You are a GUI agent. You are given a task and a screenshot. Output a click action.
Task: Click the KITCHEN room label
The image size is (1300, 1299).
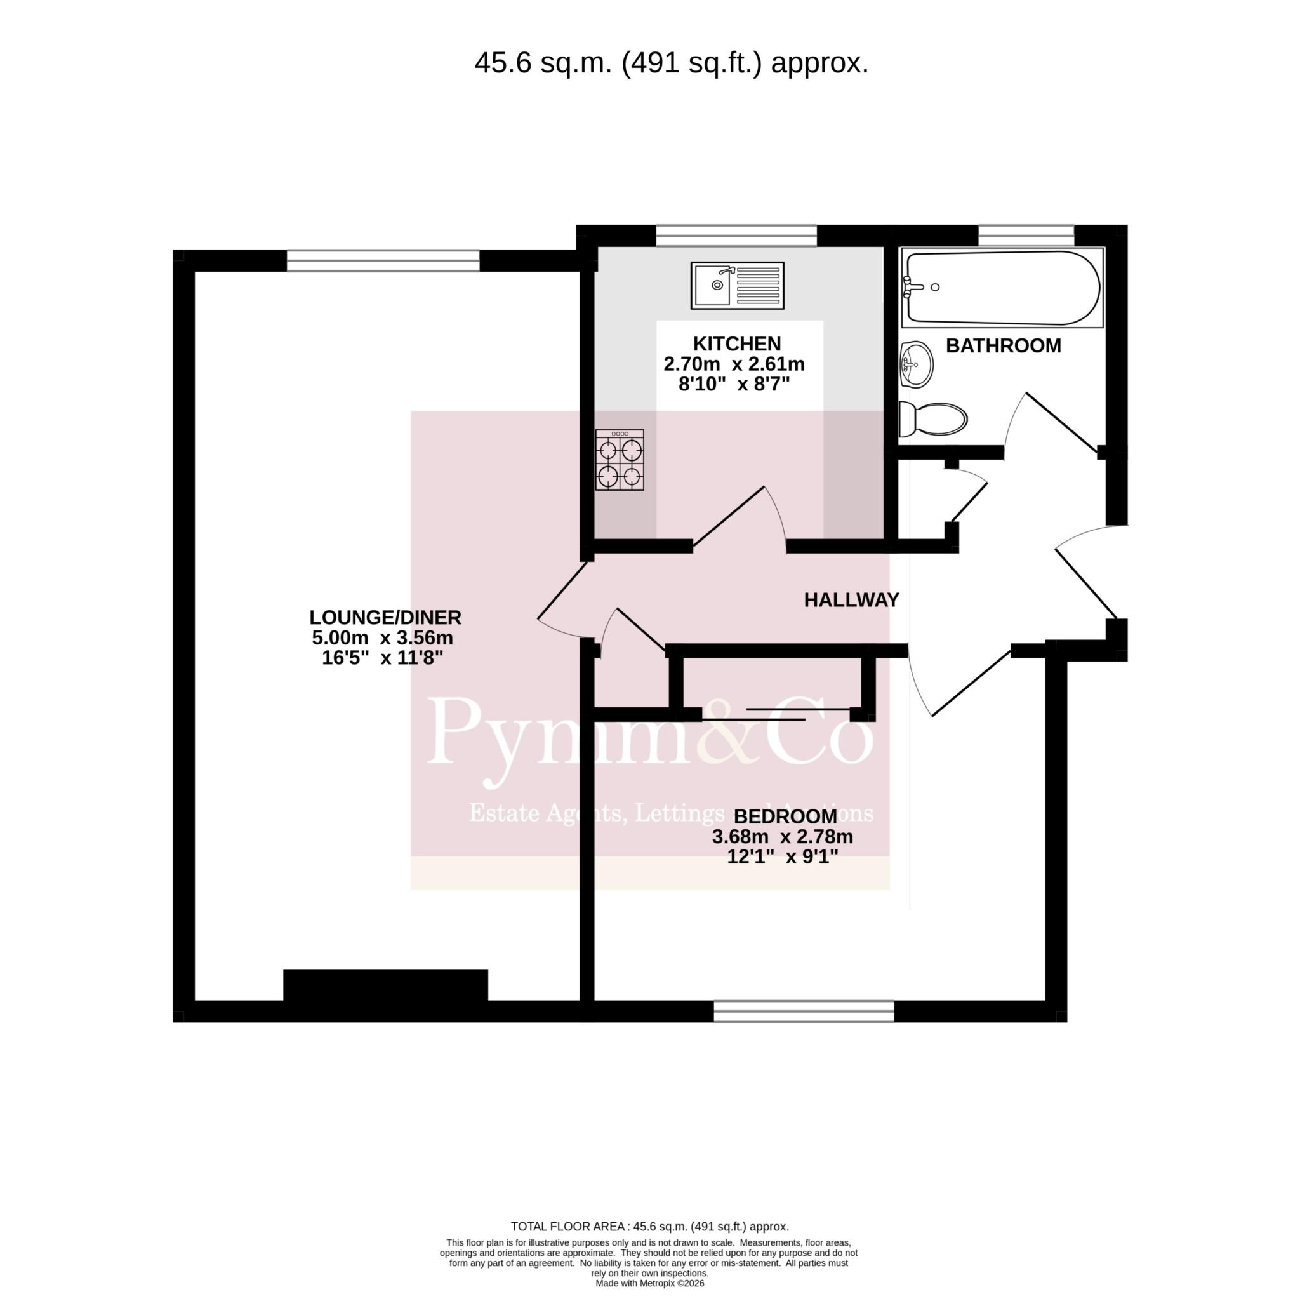737,344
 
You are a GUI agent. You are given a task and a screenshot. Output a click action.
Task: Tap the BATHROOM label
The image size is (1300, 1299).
1004,346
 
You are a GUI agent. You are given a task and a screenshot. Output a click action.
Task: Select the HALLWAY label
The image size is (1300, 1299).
851,600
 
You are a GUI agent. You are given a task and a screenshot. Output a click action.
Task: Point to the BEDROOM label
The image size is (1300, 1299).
785,816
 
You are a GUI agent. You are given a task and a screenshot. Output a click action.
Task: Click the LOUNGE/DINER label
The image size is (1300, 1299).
385,617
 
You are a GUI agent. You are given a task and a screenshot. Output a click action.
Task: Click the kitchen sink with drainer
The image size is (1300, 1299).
737,285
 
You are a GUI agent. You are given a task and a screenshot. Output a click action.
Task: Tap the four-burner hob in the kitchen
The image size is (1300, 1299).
619,460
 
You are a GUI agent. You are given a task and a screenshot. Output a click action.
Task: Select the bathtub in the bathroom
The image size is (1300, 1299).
1002,288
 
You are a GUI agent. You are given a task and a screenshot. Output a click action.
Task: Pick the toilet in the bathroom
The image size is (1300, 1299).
932,419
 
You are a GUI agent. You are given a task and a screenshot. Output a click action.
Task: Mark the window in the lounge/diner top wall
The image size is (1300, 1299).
383,260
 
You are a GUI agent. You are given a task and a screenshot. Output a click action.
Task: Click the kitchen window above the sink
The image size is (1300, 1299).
736,236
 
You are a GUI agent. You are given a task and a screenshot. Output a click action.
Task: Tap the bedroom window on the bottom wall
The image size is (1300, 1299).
804,1011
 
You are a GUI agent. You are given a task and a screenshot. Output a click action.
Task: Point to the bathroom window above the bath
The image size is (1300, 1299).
1026,236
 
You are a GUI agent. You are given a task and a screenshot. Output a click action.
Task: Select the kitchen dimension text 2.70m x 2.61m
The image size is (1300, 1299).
734,364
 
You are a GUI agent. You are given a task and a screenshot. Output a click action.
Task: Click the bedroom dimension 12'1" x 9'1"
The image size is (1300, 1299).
783,857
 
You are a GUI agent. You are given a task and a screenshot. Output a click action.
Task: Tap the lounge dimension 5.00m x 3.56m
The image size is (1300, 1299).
382,637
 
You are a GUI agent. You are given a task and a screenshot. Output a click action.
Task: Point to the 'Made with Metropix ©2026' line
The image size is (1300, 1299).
649,1284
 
